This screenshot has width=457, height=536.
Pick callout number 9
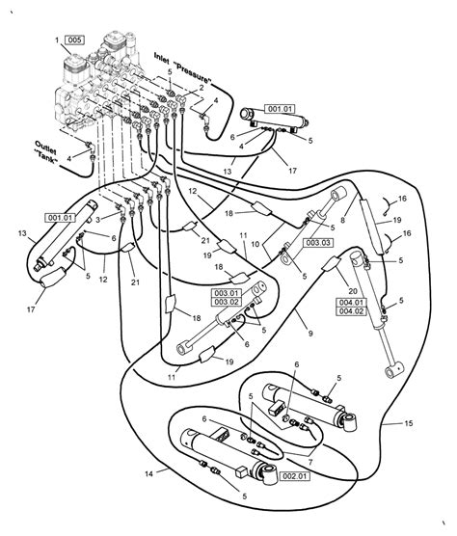pos(310,333)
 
